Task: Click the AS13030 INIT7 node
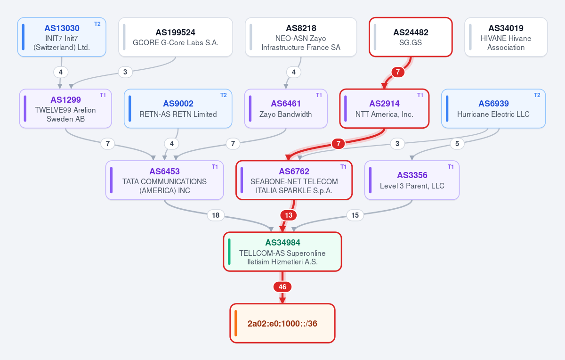click(62, 37)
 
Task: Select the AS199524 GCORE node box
click(176, 37)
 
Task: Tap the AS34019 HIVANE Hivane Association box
click(506, 37)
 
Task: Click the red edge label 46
click(282, 287)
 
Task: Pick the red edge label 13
click(289, 215)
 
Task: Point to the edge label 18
click(216, 215)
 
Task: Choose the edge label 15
click(355, 215)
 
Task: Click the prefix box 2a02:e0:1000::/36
click(282, 323)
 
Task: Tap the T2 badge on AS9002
click(224, 95)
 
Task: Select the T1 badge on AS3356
click(451, 167)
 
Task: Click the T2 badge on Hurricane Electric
click(537, 95)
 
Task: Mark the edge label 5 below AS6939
click(457, 144)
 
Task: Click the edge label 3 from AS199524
click(125, 72)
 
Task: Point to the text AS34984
click(282, 243)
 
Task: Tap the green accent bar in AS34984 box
click(229, 252)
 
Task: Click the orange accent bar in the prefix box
click(235, 323)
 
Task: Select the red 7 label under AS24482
click(398, 72)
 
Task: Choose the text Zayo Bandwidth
click(285, 115)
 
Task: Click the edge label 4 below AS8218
click(294, 72)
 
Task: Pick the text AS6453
click(164, 172)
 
